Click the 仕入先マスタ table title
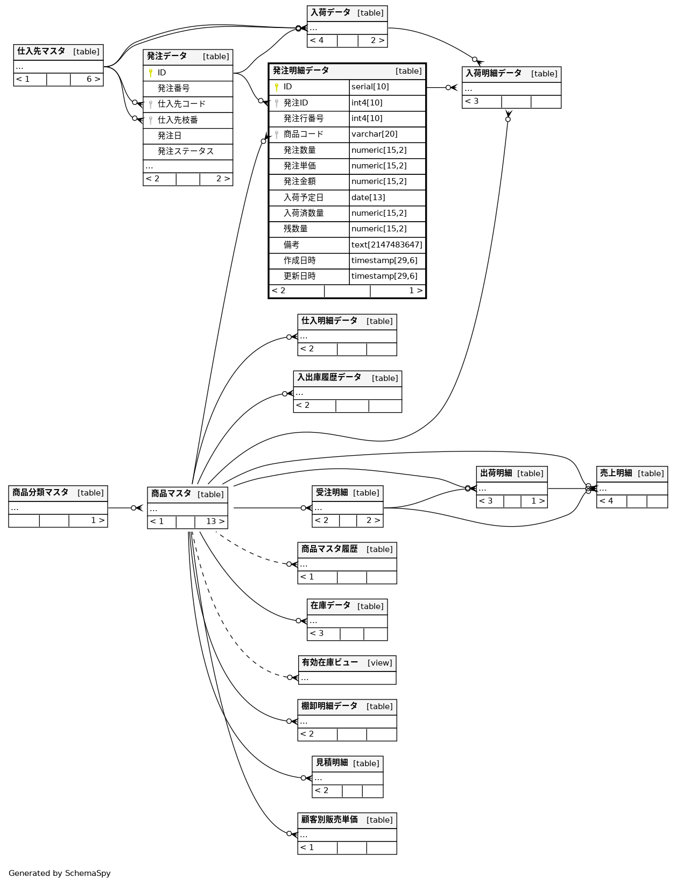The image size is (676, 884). pyautogui.click(x=41, y=52)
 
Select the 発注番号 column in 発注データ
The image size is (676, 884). pyautogui.click(x=173, y=88)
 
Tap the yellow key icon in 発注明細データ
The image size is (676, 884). pyautogui.click(x=277, y=87)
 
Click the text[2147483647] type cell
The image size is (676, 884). pyautogui.click(x=386, y=245)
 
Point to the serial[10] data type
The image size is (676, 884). pyautogui.click(x=370, y=87)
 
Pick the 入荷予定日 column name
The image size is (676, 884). pyautogui.click(x=304, y=197)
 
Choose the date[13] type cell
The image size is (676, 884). pyautogui.click(x=368, y=197)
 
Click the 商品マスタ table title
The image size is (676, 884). pyautogui.click(x=171, y=494)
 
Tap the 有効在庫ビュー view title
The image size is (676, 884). pyautogui.click(x=329, y=663)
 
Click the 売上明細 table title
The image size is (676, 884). pyautogui.click(x=616, y=473)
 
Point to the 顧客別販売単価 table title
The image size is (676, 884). pyautogui.click(x=329, y=820)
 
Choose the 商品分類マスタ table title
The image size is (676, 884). pyautogui.click(x=40, y=493)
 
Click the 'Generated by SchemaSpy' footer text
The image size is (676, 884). pyautogui.click(x=59, y=873)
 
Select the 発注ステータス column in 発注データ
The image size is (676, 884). pyautogui.click(x=186, y=152)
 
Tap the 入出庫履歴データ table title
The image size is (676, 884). pyautogui.click(x=329, y=378)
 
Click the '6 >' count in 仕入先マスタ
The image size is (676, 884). pyautogui.click(x=93, y=79)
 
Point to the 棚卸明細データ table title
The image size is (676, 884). pyautogui.click(x=329, y=706)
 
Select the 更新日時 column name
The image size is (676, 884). pyautogui.click(x=300, y=277)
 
